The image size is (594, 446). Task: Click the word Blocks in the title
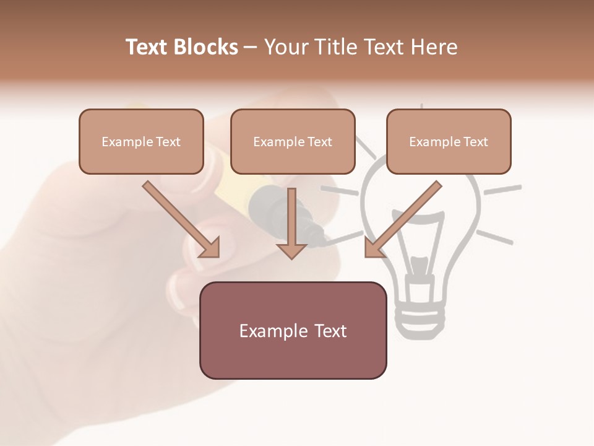coord(204,47)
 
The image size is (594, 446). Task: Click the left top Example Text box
coord(141,141)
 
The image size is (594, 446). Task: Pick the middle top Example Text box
coord(293,141)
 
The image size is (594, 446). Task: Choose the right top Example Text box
coord(449,141)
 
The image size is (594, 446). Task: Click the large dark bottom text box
coord(293,330)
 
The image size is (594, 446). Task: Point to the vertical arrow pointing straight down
coord(291,217)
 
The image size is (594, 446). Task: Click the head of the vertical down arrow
coord(291,250)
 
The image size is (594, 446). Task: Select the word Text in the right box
coord(476,141)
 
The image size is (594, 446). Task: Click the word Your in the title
coord(284,47)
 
